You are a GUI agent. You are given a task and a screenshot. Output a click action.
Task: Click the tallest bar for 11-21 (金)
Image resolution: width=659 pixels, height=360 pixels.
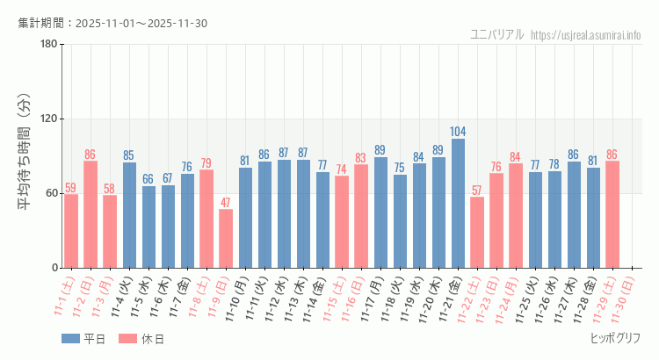click(x=458, y=204)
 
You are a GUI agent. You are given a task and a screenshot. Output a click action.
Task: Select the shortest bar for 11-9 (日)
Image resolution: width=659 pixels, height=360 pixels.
click(x=226, y=239)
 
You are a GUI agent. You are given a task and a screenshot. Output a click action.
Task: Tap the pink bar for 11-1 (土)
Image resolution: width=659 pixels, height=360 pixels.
click(x=71, y=231)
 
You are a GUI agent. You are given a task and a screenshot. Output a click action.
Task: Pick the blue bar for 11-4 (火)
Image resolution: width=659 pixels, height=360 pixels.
click(x=129, y=215)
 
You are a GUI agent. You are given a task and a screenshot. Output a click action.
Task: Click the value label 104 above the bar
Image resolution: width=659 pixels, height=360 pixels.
click(x=458, y=132)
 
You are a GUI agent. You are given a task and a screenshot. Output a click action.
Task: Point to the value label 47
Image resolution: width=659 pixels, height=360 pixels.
click(x=226, y=203)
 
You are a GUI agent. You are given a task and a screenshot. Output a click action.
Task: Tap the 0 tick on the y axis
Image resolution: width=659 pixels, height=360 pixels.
click(x=54, y=268)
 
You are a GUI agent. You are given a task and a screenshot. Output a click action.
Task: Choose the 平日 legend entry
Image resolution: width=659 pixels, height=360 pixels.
click(x=83, y=339)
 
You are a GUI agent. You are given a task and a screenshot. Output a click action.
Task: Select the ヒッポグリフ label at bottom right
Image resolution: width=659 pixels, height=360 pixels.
click(x=615, y=338)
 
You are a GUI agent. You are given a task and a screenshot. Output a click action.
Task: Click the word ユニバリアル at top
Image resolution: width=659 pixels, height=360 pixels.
click(x=497, y=35)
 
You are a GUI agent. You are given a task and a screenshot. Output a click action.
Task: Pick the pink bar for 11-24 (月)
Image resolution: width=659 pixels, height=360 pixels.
click(x=516, y=216)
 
